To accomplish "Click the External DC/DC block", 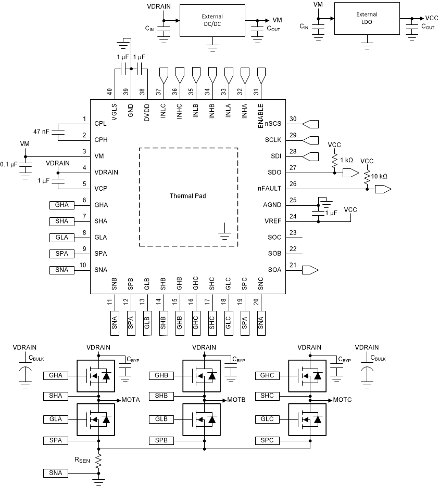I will pos(212,21).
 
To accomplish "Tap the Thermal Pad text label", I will pos(188,196).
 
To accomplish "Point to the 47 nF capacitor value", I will pos(40,132).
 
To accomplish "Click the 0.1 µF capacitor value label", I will pos(8,165).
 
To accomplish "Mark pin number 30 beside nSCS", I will pos(293,119).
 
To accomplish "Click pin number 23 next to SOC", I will pos(293,233).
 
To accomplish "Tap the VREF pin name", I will pos(273,221).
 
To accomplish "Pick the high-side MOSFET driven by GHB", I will pos(201,375).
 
